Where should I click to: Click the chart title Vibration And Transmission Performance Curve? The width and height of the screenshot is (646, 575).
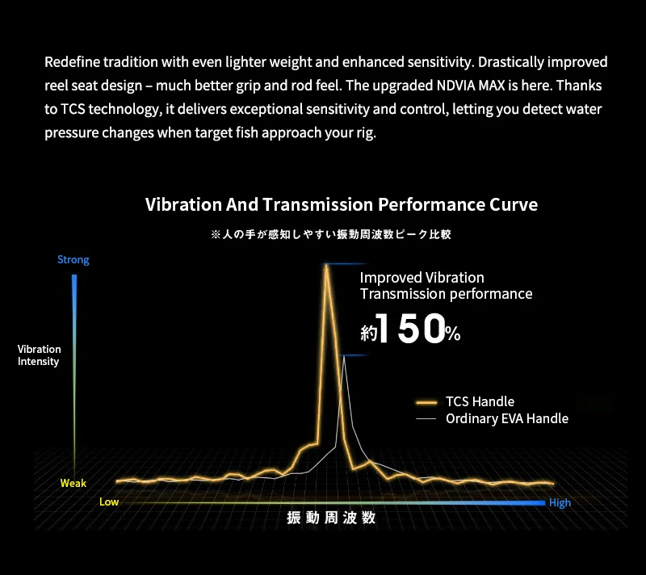point(341,204)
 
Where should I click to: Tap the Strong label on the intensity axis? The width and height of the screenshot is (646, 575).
point(73,260)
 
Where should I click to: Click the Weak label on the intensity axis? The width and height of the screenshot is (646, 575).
point(73,483)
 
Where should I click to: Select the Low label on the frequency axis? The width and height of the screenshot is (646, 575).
point(109,502)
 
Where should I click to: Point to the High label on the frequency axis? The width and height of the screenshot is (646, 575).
point(560,503)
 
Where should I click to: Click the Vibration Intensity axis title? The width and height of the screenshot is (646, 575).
point(39,355)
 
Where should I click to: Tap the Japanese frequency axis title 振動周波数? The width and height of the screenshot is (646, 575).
point(331,518)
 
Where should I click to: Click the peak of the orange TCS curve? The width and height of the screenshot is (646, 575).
point(326,266)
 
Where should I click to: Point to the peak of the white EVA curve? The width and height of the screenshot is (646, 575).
point(344,357)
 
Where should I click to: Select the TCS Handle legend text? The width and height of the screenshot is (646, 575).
point(480,401)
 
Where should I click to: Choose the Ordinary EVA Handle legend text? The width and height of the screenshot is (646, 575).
point(506,418)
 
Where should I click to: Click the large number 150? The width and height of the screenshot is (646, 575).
point(410,329)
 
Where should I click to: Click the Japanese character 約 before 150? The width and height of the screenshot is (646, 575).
point(368,332)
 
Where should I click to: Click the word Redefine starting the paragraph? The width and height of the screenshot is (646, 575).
point(70,62)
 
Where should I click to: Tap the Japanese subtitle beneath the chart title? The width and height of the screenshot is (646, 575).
point(330,234)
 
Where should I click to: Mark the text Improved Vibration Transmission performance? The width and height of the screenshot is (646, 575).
point(446,286)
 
